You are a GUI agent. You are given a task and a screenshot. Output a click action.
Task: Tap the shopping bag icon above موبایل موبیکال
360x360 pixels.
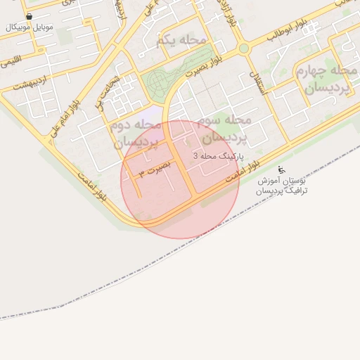click(28, 15)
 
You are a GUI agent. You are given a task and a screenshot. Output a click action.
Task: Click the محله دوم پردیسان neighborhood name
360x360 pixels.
click(136, 132)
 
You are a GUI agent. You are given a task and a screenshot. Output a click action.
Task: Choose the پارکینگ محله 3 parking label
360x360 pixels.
click(219, 155)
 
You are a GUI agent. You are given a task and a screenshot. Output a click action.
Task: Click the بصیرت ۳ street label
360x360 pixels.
click(155, 171)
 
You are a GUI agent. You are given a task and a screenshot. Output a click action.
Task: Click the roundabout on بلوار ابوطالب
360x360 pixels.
click(244, 49)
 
